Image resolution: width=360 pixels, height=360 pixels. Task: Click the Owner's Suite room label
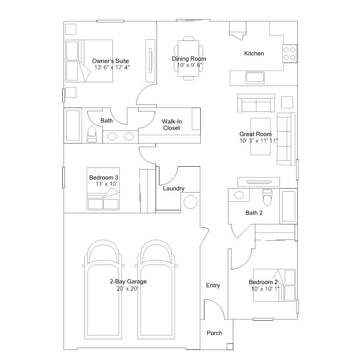pyautogui.click(x=110, y=61)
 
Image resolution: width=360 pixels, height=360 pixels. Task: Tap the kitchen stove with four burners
pyautogui.click(x=290, y=53)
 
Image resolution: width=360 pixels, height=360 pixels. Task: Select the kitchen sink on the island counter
pyautogui.click(x=255, y=78)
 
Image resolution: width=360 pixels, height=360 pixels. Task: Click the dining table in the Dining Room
pyautogui.click(x=189, y=59)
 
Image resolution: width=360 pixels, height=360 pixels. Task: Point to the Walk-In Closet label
pyautogui.click(x=172, y=125)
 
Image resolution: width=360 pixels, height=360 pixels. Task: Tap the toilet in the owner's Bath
pyautogui.click(x=92, y=134)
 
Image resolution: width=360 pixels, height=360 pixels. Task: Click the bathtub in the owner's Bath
pyautogui.click(x=73, y=126)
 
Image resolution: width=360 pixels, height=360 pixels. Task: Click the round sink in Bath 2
pyautogui.click(x=239, y=195)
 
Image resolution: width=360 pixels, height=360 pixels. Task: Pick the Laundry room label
pyautogui.click(x=174, y=189)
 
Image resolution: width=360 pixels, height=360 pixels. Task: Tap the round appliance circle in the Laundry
pyautogui.click(x=190, y=202)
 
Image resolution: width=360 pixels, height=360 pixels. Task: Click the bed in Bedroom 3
pyautogui.click(x=103, y=189)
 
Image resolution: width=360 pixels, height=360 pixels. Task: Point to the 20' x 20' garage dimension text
pyautogui.click(x=127, y=289)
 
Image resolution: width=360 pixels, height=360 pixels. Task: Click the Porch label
pyautogui.click(x=215, y=333)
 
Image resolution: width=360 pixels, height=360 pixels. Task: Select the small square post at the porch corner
pyautogui.click(x=230, y=346)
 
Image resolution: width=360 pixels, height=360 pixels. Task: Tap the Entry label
pyautogui.click(x=213, y=285)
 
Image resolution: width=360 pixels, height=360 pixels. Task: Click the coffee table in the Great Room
pyautogui.click(x=260, y=137)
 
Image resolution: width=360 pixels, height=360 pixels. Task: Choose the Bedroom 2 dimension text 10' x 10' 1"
pyautogui.click(x=265, y=289)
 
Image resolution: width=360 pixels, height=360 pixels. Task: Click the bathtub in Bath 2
pyautogui.click(x=288, y=206)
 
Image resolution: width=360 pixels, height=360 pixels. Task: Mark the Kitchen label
pyautogui.click(x=254, y=53)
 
